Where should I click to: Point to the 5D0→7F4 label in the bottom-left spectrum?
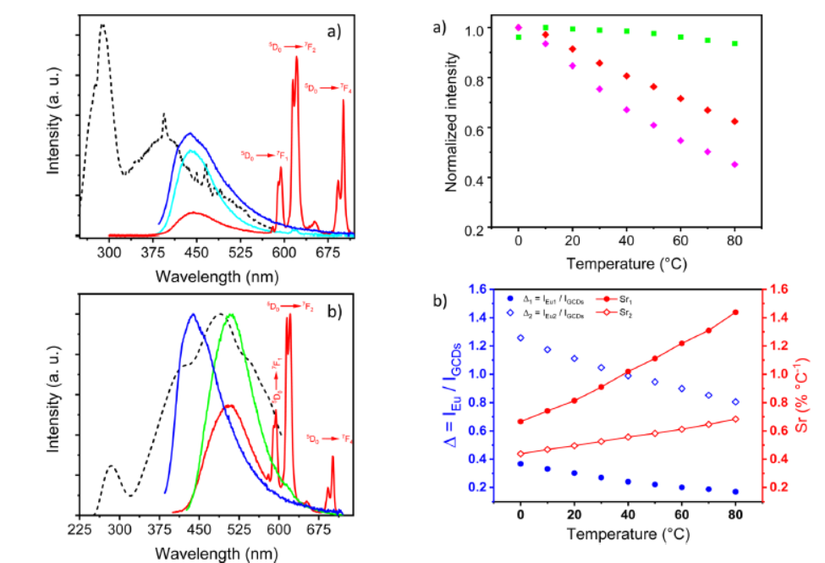pyautogui.click(x=329, y=439)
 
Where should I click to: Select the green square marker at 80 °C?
pyautogui.click(x=734, y=43)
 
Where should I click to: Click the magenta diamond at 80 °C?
pyautogui.click(x=734, y=164)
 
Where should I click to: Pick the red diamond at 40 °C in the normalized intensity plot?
pyautogui.click(x=627, y=76)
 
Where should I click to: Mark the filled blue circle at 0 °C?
pyautogui.click(x=520, y=464)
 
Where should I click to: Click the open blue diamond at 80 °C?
pyautogui.click(x=734, y=402)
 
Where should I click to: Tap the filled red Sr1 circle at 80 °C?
pyautogui.click(x=734, y=312)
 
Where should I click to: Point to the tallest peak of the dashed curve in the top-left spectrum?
pyautogui.click(x=102, y=25)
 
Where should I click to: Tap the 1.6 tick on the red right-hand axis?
pyautogui.click(x=779, y=289)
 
